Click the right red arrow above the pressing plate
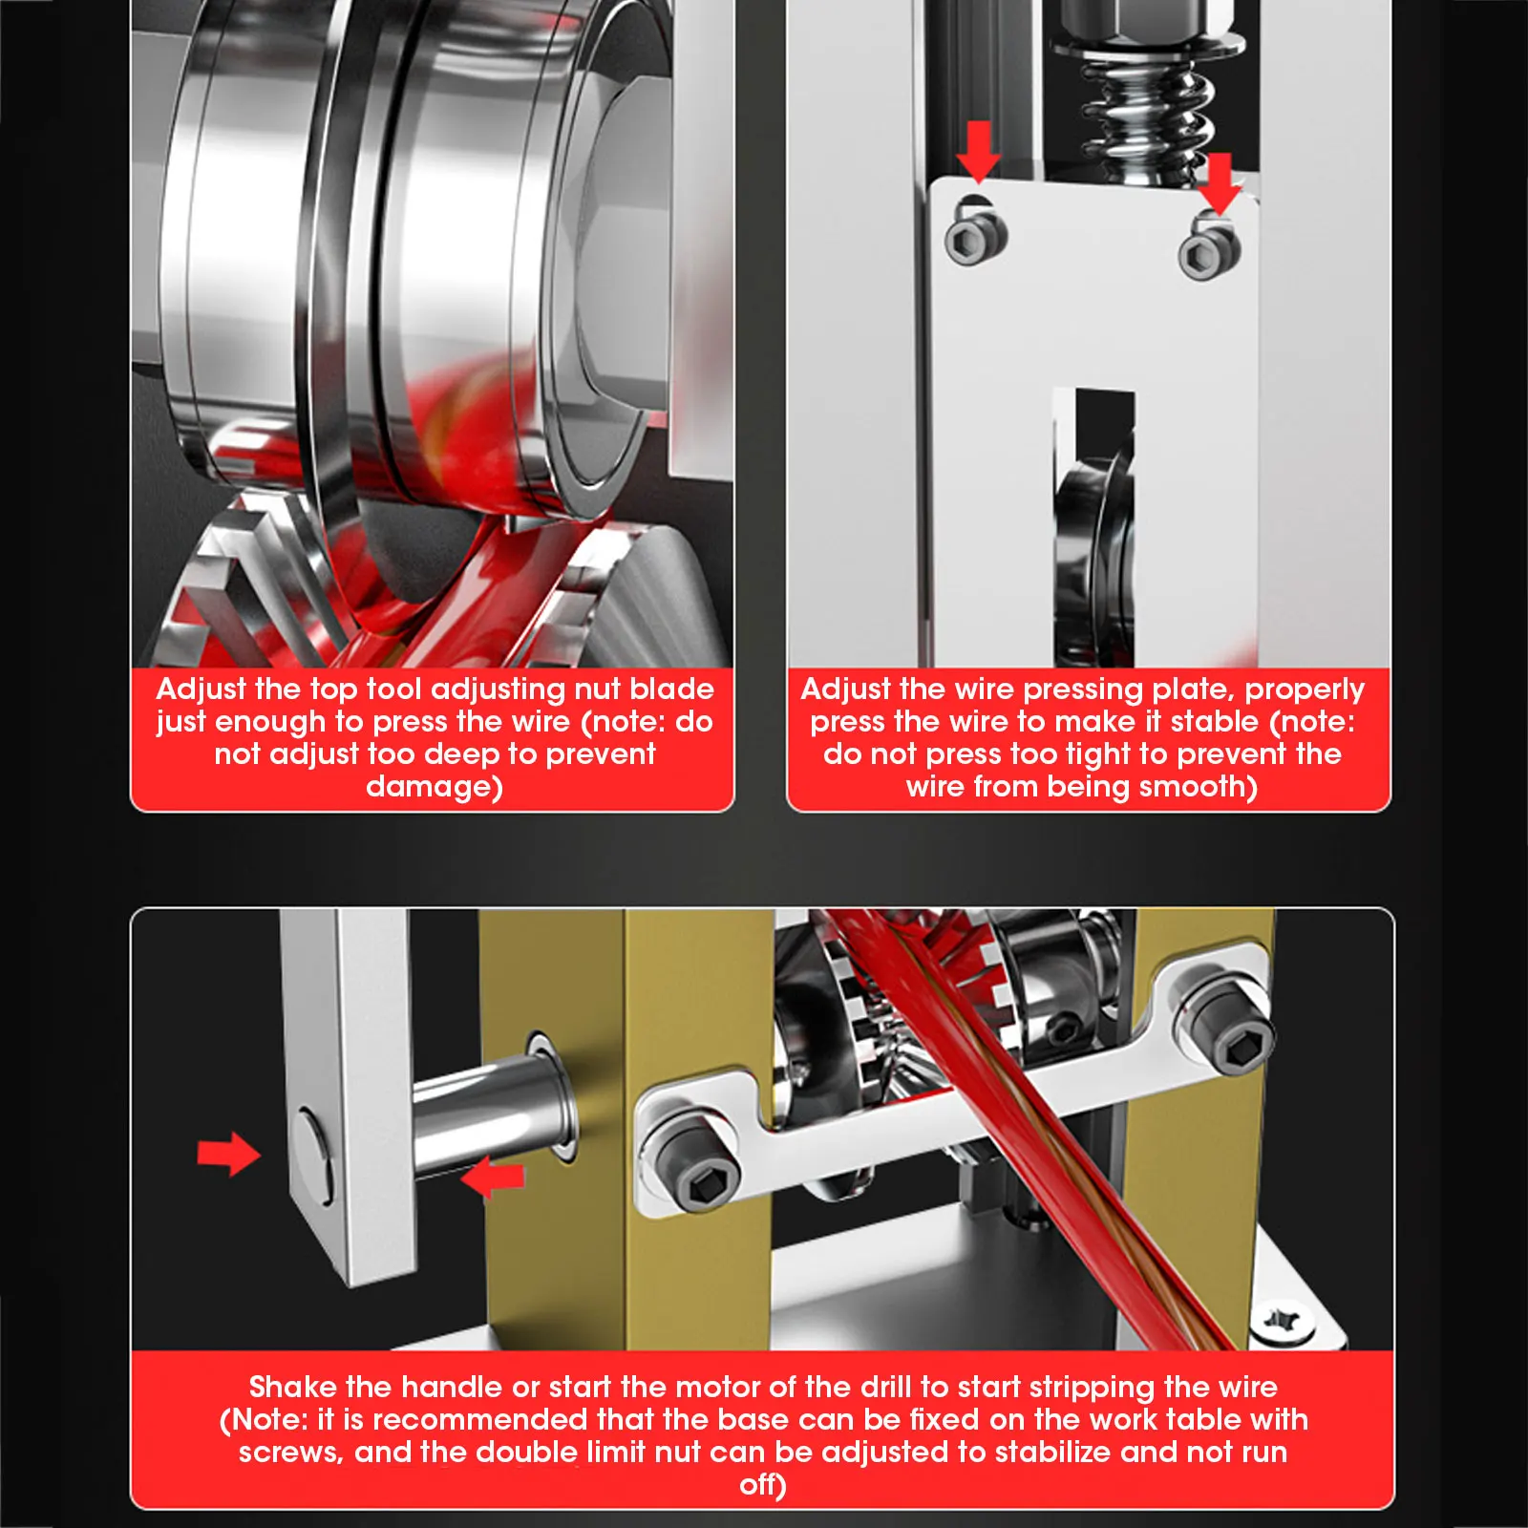[1220, 184]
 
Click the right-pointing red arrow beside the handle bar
[229, 1154]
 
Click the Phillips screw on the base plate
[1283, 1322]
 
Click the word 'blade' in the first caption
[673, 689]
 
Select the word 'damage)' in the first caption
[435, 787]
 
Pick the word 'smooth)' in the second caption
[1199, 787]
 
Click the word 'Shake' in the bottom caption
[293, 1387]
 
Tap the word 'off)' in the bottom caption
[763, 1486]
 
